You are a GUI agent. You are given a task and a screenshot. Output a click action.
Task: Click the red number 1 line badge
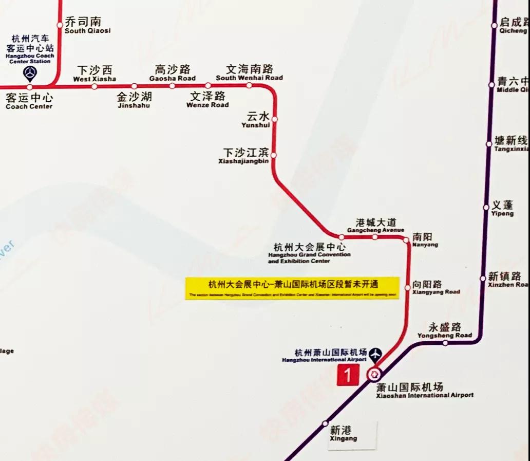pos(348,376)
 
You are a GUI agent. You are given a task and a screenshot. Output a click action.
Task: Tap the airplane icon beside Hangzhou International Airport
pos(376,354)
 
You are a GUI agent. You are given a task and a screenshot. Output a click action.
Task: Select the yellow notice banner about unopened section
pos(292,288)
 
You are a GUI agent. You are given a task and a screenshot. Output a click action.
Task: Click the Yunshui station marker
pos(274,119)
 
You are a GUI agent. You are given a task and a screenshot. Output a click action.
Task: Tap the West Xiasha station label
pos(94,73)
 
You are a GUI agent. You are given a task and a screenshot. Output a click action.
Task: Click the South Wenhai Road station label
pos(250,72)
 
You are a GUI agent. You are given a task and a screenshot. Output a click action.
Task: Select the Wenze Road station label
pos(207,99)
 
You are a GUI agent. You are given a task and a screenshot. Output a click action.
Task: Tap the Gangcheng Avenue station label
pos(376,226)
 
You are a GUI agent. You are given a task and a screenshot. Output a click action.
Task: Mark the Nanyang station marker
pos(406,239)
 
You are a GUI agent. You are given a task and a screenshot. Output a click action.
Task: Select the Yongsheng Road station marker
pos(445,343)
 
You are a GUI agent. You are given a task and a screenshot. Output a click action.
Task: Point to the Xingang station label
pos(343,434)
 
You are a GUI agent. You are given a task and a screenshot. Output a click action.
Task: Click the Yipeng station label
pos(502,209)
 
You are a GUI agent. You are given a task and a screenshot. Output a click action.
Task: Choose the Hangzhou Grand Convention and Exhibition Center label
pos(309,253)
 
